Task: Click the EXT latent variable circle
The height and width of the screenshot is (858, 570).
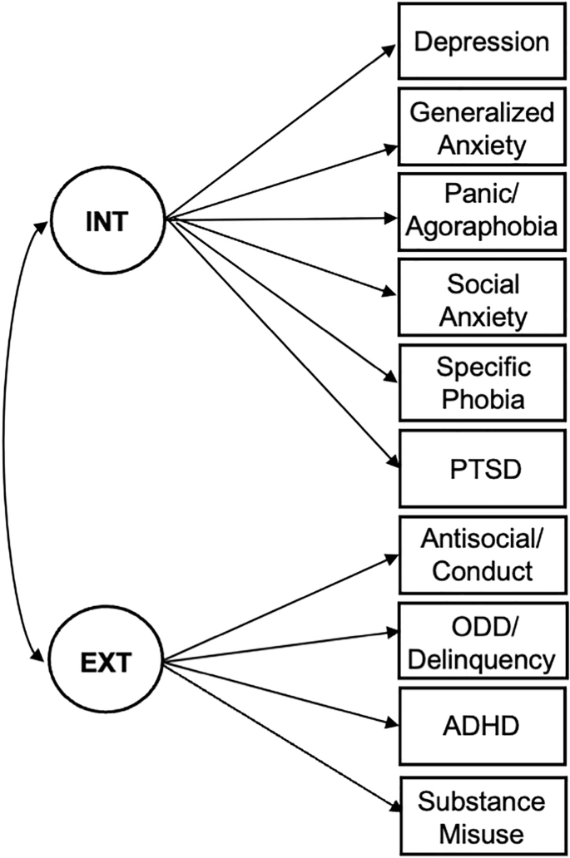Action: click(109, 663)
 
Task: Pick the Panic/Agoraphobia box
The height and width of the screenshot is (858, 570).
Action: click(481, 214)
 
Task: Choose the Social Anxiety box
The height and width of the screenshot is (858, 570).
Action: click(481, 299)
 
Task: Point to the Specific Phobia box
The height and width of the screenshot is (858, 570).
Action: click(481, 383)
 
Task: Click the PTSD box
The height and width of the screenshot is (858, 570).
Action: click(481, 468)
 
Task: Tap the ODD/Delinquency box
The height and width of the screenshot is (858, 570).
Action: click(481, 642)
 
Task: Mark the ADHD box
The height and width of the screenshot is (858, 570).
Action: click(481, 726)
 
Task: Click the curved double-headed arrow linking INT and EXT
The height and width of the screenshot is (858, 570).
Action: click(8, 441)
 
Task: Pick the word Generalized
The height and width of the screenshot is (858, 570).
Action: click(481, 113)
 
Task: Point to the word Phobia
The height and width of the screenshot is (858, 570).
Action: click(481, 399)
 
